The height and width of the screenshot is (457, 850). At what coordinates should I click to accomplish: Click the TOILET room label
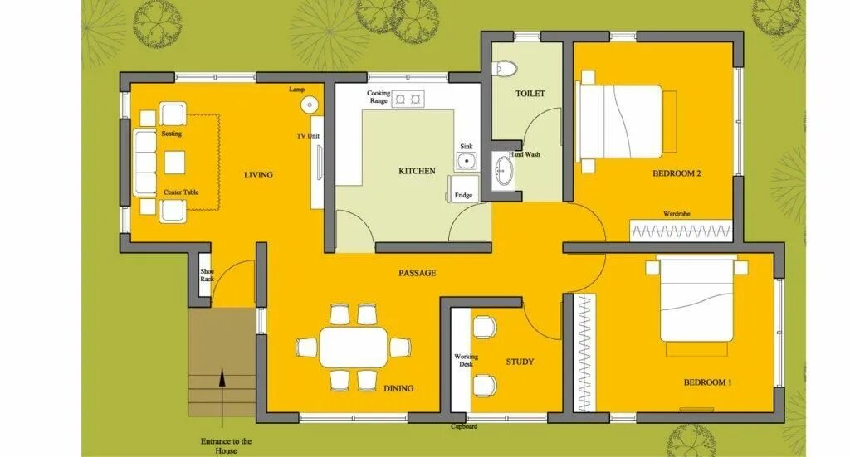(530, 94)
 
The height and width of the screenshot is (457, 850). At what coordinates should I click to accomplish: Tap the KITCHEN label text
(417, 171)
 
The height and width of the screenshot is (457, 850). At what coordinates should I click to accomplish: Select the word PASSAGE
(418, 273)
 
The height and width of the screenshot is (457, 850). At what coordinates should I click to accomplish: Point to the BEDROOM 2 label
(677, 173)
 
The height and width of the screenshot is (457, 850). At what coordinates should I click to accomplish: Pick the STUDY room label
(520, 362)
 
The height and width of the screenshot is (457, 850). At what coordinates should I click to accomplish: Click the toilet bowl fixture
(507, 68)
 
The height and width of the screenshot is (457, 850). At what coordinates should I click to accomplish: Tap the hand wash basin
(504, 171)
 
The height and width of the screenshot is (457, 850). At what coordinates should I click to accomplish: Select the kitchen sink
(467, 162)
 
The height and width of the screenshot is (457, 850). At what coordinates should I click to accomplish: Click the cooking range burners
(408, 99)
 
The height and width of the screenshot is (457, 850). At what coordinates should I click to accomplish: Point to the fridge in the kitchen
(463, 188)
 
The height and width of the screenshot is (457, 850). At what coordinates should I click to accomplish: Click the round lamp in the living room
(310, 105)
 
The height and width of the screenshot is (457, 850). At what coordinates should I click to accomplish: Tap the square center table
(174, 162)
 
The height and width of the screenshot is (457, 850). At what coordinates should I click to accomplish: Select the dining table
(354, 348)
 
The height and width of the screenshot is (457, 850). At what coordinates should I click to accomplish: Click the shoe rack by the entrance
(204, 275)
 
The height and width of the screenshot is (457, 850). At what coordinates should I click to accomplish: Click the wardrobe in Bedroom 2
(681, 230)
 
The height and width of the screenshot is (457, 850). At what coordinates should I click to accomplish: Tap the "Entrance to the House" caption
(226, 445)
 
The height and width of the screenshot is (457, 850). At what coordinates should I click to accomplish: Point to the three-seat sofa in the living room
(144, 163)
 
